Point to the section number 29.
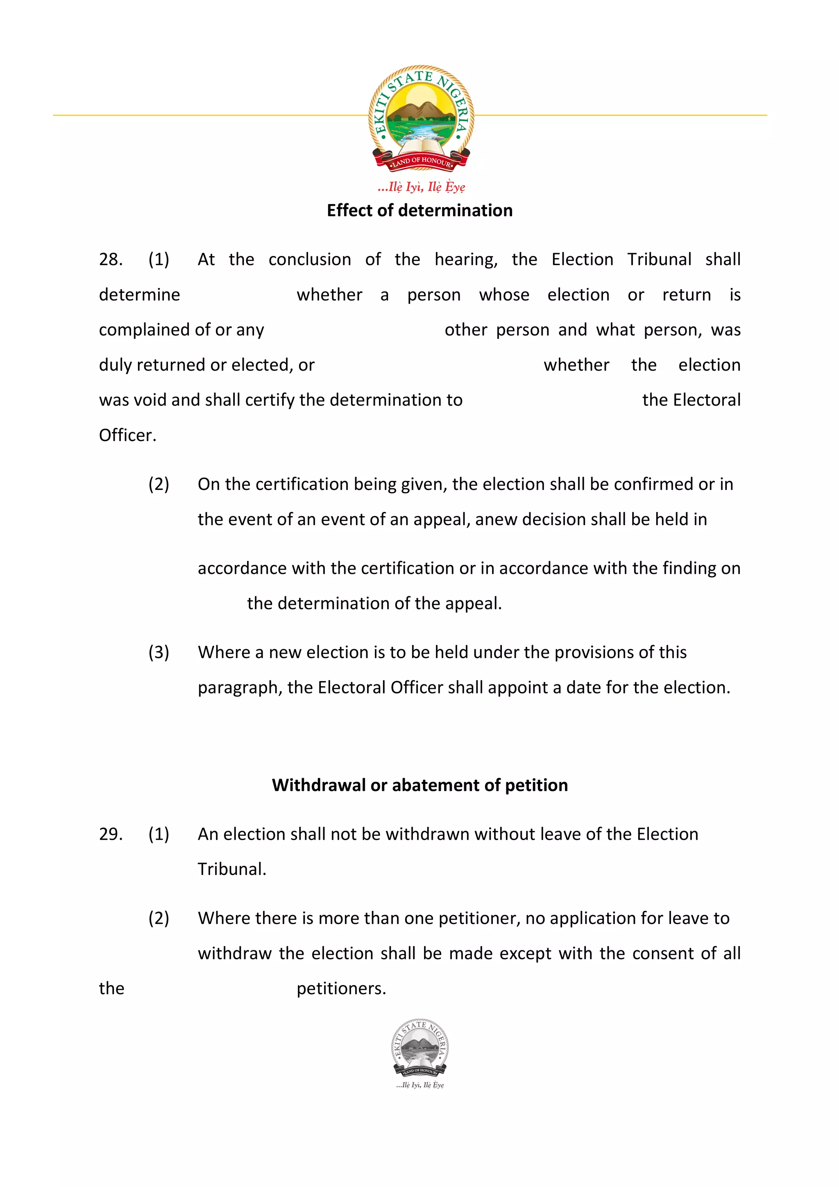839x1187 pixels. [111, 834]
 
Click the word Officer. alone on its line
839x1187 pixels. [127, 435]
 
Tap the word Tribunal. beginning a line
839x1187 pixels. [231, 869]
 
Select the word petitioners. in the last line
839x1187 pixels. [341, 988]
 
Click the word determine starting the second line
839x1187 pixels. [140, 294]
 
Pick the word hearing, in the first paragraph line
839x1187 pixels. [466, 260]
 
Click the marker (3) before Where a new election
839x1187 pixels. [159, 652]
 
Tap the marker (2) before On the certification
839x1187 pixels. [159, 485]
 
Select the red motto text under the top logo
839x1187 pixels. [421, 187]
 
